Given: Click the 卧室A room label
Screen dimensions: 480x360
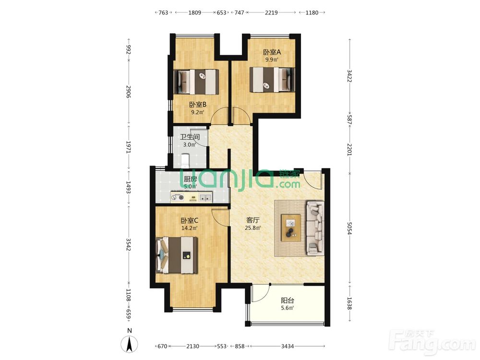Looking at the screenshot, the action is pyautogui.click(x=272, y=52).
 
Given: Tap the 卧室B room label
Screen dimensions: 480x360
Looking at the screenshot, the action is pyautogui.click(x=198, y=105).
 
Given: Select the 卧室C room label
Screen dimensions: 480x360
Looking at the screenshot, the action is pyautogui.click(x=190, y=220).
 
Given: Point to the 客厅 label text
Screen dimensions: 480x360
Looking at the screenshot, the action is pyautogui.click(x=253, y=220).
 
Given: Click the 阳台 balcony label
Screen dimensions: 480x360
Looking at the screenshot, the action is pyautogui.click(x=288, y=300).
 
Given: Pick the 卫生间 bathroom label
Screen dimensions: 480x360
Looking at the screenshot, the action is pyautogui.click(x=190, y=137).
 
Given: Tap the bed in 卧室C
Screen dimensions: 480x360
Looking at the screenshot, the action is pyautogui.click(x=177, y=255).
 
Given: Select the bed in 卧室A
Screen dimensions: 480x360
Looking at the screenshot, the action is pyautogui.click(x=272, y=80).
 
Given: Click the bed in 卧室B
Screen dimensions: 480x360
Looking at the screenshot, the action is pyautogui.click(x=196, y=82).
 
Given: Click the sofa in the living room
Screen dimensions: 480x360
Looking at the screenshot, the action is pyautogui.click(x=315, y=228).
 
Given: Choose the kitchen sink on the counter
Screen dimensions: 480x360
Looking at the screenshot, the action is pyautogui.click(x=205, y=197).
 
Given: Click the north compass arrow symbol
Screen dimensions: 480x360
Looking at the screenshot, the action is pyautogui.click(x=130, y=344).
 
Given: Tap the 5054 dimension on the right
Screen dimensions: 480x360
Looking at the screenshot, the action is pyautogui.click(x=349, y=228).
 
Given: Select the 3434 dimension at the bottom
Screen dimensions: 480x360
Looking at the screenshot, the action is pyautogui.click(x=288, y=346).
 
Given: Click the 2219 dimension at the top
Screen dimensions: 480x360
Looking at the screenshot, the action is pyautogui.click(x=271, y=12).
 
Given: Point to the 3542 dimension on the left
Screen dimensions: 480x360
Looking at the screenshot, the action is pyautogui.click(x=129, y=245).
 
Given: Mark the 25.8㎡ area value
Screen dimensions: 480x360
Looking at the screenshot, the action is pyautogui.click(x=253, y=228).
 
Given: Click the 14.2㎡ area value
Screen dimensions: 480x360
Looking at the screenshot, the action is pyautogui.click(x=190, y=228).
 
